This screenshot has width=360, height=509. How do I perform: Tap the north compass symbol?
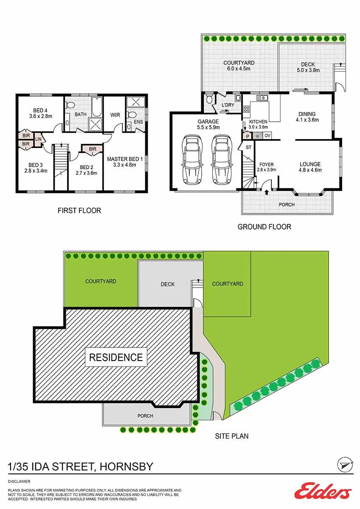[345, 464]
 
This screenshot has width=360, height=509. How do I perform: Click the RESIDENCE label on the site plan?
[116, 357]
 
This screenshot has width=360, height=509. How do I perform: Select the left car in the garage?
[192, 159]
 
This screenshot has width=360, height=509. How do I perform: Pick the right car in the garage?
[222, 159]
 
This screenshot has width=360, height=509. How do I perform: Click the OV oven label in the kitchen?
[267, 136]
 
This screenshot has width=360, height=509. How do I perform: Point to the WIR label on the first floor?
[115, 115]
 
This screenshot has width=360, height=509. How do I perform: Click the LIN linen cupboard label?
[39, 139]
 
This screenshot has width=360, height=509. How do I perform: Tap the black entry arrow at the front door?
[267, 193]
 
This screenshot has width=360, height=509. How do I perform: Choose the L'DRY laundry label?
[228, 105]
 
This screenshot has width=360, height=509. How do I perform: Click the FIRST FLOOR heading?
[79, 211]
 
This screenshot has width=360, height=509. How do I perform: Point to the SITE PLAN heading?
[232, 436]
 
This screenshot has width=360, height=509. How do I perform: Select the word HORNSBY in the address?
[127, 467]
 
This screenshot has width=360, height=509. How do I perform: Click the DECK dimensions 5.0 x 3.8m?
[308, 70]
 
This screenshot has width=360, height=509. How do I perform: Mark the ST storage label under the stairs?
[249, 147]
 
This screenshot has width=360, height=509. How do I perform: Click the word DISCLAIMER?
[19, 481]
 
